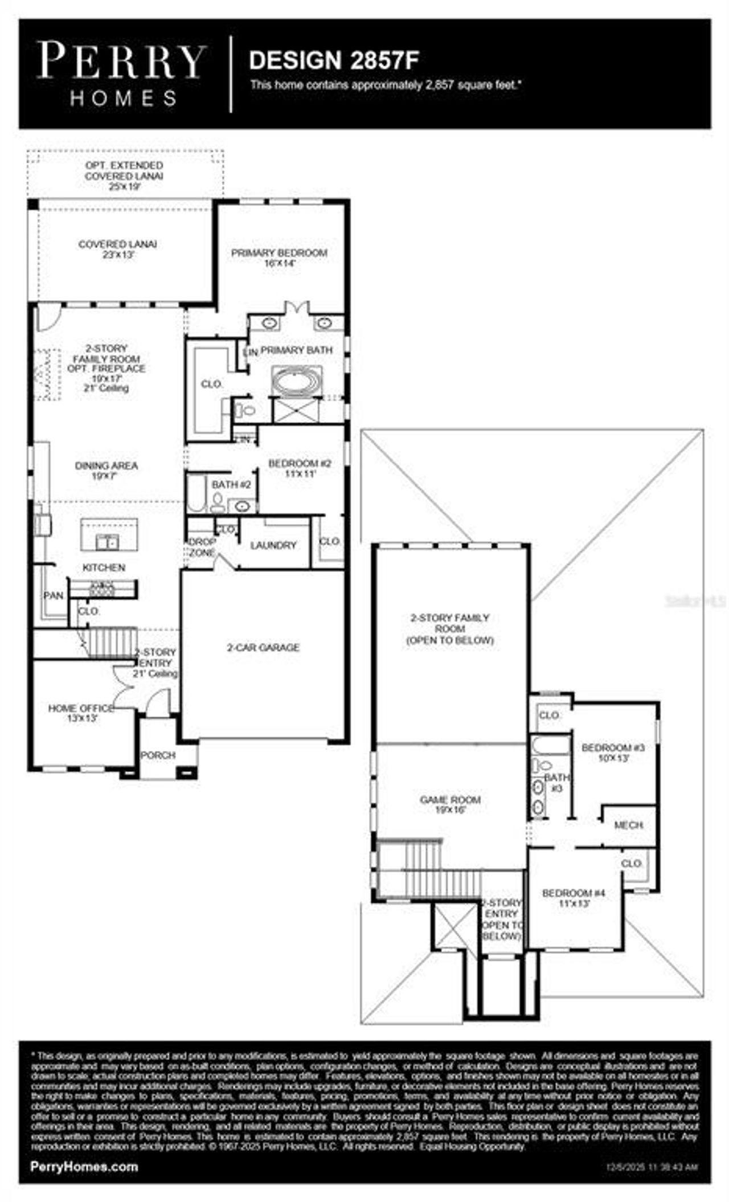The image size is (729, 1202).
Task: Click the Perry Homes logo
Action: [x=121, y=73]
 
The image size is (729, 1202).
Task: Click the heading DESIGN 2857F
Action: [x=334, y=60]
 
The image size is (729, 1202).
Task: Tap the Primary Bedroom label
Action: [x=279, y=257]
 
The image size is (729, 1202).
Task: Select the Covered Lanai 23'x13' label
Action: [x=118, y=249]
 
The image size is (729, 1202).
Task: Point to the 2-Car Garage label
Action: [x=263, y=647]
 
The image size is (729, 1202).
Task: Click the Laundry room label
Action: [x=273, y=545]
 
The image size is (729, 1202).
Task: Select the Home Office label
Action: [x=81, y=713]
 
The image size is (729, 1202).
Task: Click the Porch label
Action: [x=158, y=755]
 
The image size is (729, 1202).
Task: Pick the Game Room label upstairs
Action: [x=450, y=804]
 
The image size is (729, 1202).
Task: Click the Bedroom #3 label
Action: [x=612, y=752]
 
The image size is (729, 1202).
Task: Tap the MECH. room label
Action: [x=629, y=825]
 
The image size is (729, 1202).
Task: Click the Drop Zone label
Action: [x=202, y=547]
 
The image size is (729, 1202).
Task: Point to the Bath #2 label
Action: [x=231, y=484]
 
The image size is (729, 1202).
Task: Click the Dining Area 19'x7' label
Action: [x=107, y=470]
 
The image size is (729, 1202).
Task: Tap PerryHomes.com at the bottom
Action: [x=84, y=1166]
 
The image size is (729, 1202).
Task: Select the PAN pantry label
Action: [x=54, y=595]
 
